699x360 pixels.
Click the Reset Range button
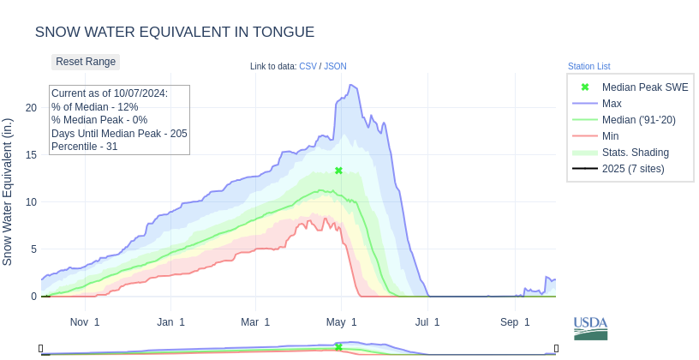tap(86, 62)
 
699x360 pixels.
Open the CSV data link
tap(308, 66)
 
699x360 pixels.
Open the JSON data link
tap(335, 66)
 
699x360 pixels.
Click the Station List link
tap(588, 66)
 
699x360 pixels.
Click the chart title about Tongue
tap(175, 32)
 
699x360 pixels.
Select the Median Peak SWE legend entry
tap(644, 87)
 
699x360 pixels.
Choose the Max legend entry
tap(612, 104)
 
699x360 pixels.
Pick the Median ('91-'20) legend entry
tap(638, 120)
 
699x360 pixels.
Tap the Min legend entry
tap(611, 136)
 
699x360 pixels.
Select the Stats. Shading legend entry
tap(635, 153)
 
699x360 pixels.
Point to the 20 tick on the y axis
tap(31, 107)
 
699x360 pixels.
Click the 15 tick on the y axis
tap(31, 154)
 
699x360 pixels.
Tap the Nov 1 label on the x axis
tap(85, 322)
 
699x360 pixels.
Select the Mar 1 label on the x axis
tap(255, 322)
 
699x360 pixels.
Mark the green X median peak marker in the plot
tap(338, 171)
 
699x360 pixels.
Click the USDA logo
tap(590, 327)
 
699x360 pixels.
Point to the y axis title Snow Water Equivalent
tap(8, 191)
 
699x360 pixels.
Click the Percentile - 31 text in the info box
tap(85, 147)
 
